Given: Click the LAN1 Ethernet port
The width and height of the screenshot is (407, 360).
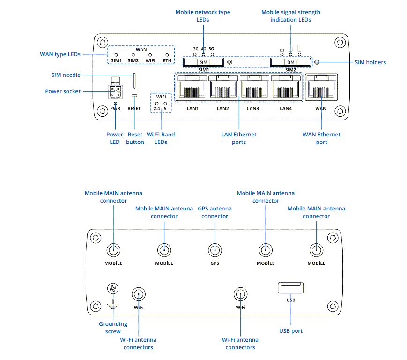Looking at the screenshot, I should click(x=192, y=88).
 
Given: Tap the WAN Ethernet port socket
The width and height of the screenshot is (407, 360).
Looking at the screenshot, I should click(x=321, y=88).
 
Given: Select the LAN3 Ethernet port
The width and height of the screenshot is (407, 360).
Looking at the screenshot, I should click(x=253, y=88).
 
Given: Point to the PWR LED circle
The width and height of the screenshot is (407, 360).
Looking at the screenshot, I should click(x=115, y=103).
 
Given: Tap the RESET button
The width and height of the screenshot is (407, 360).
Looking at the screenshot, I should click(x=134, y=96).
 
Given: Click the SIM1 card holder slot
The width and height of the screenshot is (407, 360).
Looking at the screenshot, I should click(x=203, y=62).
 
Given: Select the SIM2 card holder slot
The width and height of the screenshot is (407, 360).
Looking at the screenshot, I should click(x=290, y=62).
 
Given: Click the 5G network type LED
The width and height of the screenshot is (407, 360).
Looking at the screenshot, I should click(x=212, y=55).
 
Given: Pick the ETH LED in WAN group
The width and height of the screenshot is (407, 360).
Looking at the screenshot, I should click(x=167, y=55).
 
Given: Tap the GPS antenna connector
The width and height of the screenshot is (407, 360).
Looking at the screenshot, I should click(x=215, y=250).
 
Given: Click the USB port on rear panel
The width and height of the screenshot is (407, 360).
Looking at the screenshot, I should click(x=290, y=287).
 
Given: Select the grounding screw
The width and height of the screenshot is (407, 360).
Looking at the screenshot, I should click(x=112, y=289).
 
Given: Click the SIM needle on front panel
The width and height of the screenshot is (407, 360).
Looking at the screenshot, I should click(x=135, y=80).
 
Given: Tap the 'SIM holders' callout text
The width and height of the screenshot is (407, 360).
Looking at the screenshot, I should click(x=370, y=62).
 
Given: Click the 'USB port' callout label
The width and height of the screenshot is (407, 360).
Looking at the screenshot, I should click(x=290, y=331).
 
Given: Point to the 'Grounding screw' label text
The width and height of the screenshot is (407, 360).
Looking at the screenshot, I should click(x=113, y=328).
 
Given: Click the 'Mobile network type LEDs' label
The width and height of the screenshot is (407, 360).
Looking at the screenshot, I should click(x=203, y=16).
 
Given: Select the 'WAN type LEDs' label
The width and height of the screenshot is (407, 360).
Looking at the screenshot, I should click(x=60, y=54).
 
